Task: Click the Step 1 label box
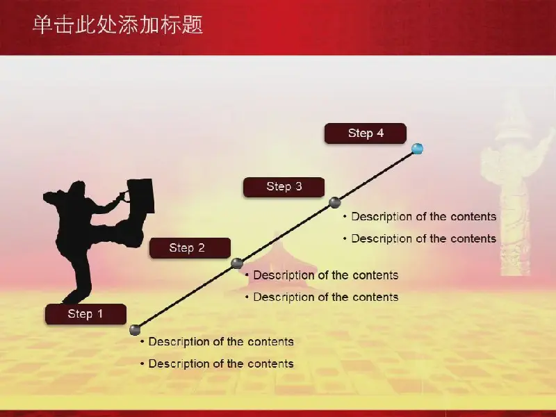pyautogui.click(x=85, y=314)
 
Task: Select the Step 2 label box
pyautogui.click(x=190, y=248)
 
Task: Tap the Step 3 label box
pyautogui.click(x=284, y=187)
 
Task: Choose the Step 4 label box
pyautogui.click(x=366, y=133)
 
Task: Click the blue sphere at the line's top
pyautogui.click(x=418, y=149)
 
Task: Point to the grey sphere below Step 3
pyautogui.click(x=335, y=202)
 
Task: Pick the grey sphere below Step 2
pyautogui.click(x=237, y=263)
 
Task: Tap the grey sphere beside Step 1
pyautogui.click(x=135, y=329)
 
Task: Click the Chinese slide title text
pyautogui.click(x=118, y=25)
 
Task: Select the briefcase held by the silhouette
pyautogui.click(x=141, y=195)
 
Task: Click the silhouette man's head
pyautogui.click(x=77, y=188)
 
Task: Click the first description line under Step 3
pyautogui.click(x=420, y=216)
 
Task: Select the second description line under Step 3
pyautogui.click(x=420, y=238)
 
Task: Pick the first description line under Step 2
pyautogui.click(x=322, y=275)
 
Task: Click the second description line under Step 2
pyautogui.click(x=322, y=297)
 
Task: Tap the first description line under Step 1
pyautogui.click(x=217, y=341)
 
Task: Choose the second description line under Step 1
pyautogui.click(x=217, y=363)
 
